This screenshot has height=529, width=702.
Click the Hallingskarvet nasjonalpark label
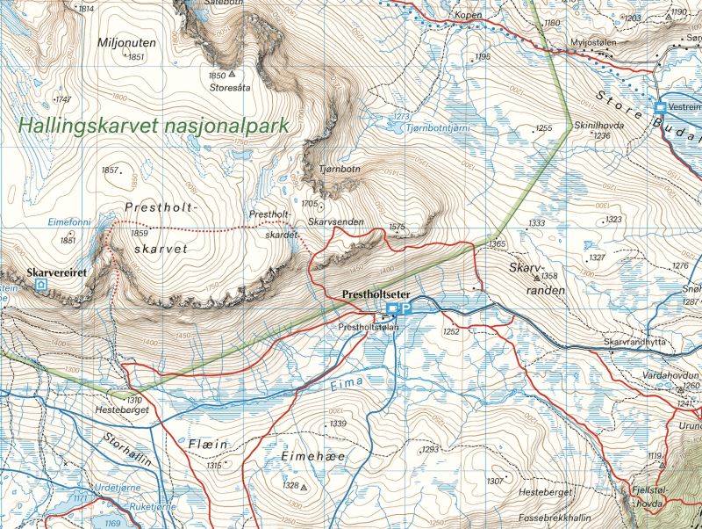click(x=154, y=126)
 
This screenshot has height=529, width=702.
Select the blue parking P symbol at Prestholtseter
click(x=407, y=308)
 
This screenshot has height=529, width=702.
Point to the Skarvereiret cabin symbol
click(x=40, y=286)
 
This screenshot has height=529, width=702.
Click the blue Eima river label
click(x=350, y=383)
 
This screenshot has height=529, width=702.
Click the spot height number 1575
click(x=397, y=227)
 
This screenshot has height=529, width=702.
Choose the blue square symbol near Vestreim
click(x=660, y=106)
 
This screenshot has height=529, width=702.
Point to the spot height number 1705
click(x=308, y=204)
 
